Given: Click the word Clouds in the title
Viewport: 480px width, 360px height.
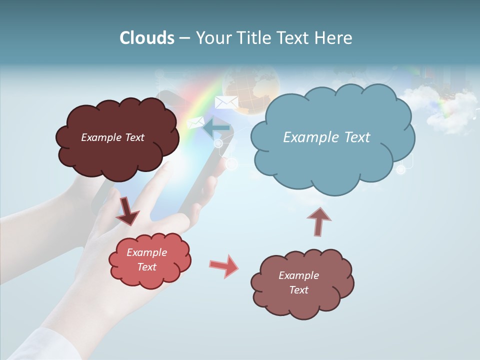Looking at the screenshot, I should click(147, 38).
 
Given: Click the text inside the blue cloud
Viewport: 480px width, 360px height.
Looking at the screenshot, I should click(326, 137).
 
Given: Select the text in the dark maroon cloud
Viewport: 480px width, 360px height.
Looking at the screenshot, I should click(112, 137).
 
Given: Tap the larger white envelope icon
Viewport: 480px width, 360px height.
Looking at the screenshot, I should click(226, 102).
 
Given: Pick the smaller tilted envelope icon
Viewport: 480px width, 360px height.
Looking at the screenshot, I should click(195, 122).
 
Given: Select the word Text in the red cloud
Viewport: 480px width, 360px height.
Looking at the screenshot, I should click(147, 267).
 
